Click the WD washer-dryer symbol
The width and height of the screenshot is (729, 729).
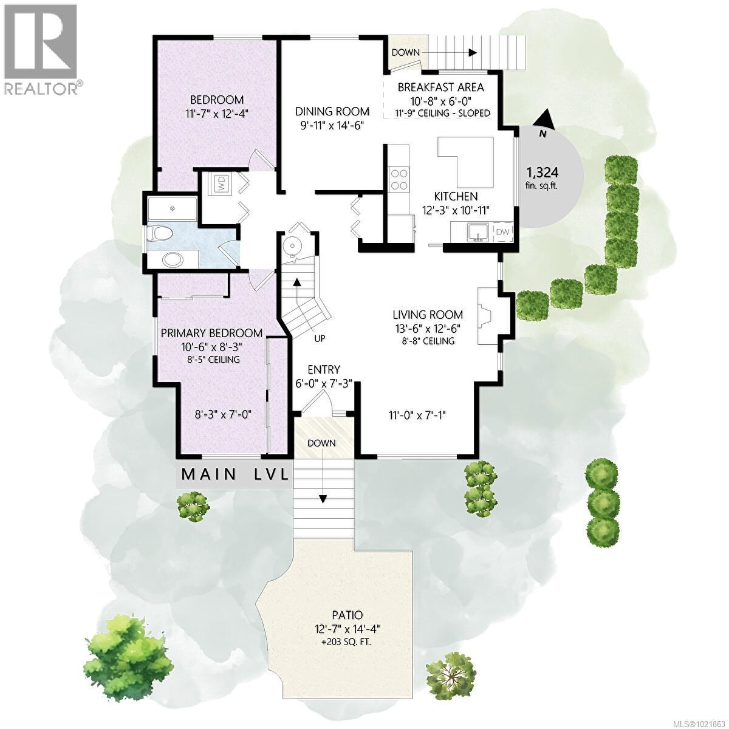point(219,185)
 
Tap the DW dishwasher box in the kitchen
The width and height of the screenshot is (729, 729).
point(502,232)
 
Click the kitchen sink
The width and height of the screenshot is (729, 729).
point(477,232)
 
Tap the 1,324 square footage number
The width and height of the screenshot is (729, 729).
point(542,173)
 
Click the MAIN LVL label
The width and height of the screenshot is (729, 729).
point(235,474)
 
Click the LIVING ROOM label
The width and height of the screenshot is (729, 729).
point(428,315)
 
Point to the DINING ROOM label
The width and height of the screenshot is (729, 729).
point(332,112)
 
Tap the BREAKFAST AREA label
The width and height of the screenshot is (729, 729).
point(440,87)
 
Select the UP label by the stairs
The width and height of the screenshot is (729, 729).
point(320,338)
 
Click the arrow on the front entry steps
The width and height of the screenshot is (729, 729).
point(323,477)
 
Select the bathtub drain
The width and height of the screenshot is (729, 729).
point(173,208)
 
